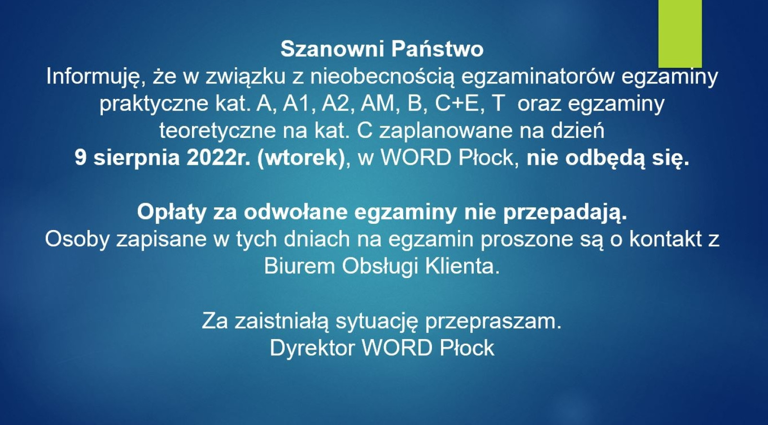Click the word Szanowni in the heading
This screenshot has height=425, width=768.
tap(332, 49)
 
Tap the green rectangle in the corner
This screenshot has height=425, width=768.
tap(680, 34)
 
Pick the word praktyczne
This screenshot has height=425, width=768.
tap(154, 104)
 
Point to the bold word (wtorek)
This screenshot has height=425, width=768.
tap(300, 158)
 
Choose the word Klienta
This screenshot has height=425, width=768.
tap(462, 266)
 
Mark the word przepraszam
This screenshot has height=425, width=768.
tap(493, 321)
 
